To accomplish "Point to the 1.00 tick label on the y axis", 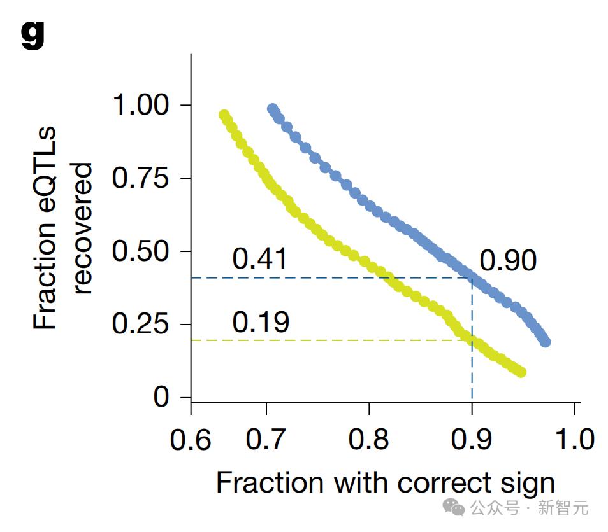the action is [140, 104].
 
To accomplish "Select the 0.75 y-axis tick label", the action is [140, 178].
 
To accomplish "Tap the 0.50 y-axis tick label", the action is [140, 251].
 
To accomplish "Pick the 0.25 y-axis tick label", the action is [140, 324].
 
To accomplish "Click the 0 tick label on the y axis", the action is [161, 397].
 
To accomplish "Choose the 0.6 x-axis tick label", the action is [191, 440].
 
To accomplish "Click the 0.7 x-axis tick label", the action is [266, 440].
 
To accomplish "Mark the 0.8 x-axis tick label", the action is [368, 440].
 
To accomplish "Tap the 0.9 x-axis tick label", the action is [471, 440].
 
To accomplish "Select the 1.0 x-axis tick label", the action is [575, 440].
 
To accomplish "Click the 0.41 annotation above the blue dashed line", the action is [259, 258].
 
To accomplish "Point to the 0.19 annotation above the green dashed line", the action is [261, 322].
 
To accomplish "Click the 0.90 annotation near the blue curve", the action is [509, 260].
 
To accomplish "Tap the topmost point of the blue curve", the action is [273, 109].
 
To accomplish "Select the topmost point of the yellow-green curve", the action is [224, 115].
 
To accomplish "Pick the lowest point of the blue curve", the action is [545, 342].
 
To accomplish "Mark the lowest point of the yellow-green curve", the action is [521, 372].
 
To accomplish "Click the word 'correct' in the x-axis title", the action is [445, 483].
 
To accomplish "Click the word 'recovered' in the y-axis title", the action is [82, 228].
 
